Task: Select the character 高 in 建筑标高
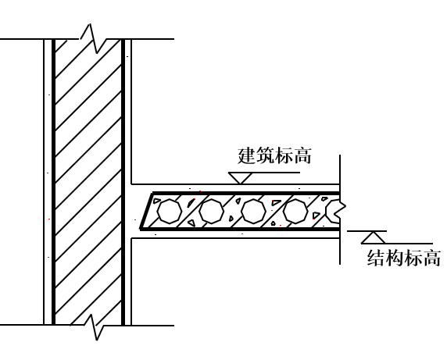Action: [302, 155]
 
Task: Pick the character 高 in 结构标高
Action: [432, 258]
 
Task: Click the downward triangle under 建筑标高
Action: [240, 178]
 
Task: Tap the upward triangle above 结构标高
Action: [374, 237]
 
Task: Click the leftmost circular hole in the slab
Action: [170, 211]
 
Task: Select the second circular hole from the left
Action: [211, 211]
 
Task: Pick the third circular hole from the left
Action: [253, 211]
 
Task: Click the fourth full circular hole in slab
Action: [295, 211]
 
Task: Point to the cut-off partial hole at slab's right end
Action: [335, 211]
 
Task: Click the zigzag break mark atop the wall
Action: [93, 39]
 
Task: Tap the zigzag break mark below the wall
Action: [95, 326]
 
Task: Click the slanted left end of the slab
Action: [147, 211]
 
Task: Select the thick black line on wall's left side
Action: [53, 182]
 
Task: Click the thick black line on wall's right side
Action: [123, 182]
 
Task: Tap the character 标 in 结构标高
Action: [413, 258]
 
